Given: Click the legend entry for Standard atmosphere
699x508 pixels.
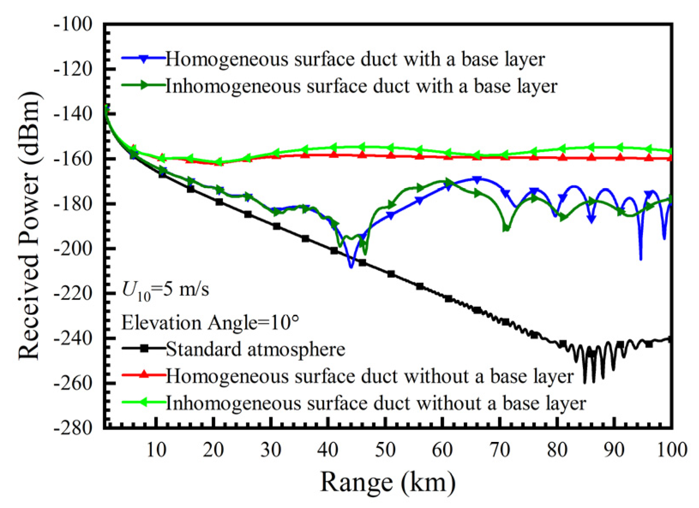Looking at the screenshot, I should (x=255, y=349).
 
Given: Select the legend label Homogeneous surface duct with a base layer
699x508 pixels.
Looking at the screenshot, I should (x=355, y=59).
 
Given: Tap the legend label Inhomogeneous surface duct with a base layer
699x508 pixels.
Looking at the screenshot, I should (x=361, y=86).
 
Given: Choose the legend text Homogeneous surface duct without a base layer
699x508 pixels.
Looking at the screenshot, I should (x=369, y=376).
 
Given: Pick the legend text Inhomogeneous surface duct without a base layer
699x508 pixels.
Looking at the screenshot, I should (x=376, y=403).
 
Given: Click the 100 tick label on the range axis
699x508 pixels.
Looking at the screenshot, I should (x=671, y=450).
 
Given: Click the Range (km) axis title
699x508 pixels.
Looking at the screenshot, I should (x=387, y=482).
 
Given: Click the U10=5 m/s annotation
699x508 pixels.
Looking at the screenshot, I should (x=165, y=291).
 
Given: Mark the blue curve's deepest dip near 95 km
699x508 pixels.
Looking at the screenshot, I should (x=641, y=259).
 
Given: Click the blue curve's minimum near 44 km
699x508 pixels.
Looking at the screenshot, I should (x=351, y=267).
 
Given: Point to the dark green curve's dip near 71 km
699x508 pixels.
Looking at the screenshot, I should (x=506, y=229).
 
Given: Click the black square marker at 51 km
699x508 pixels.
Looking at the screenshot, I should (x=391, y=274).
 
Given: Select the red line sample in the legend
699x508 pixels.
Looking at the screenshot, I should (x=144, y=376).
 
